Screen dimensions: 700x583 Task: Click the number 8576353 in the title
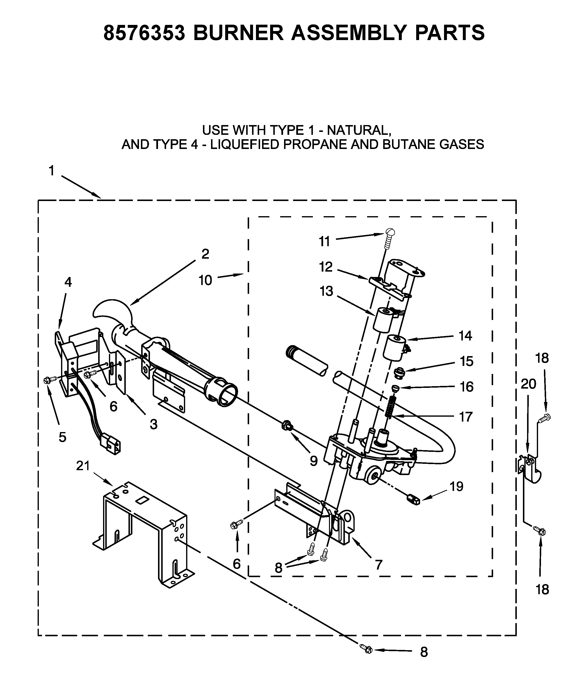click(144, 33)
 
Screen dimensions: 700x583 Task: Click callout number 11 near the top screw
click(324, 241)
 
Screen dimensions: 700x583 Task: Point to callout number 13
click(326, 291)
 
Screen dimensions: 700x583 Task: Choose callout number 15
click(467, 361)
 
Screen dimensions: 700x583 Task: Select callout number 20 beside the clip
click(528, 384)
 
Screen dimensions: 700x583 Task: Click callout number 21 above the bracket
click(83, 466)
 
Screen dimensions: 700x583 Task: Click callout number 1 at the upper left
click(51, 171)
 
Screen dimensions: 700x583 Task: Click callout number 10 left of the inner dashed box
click(205, 280)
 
